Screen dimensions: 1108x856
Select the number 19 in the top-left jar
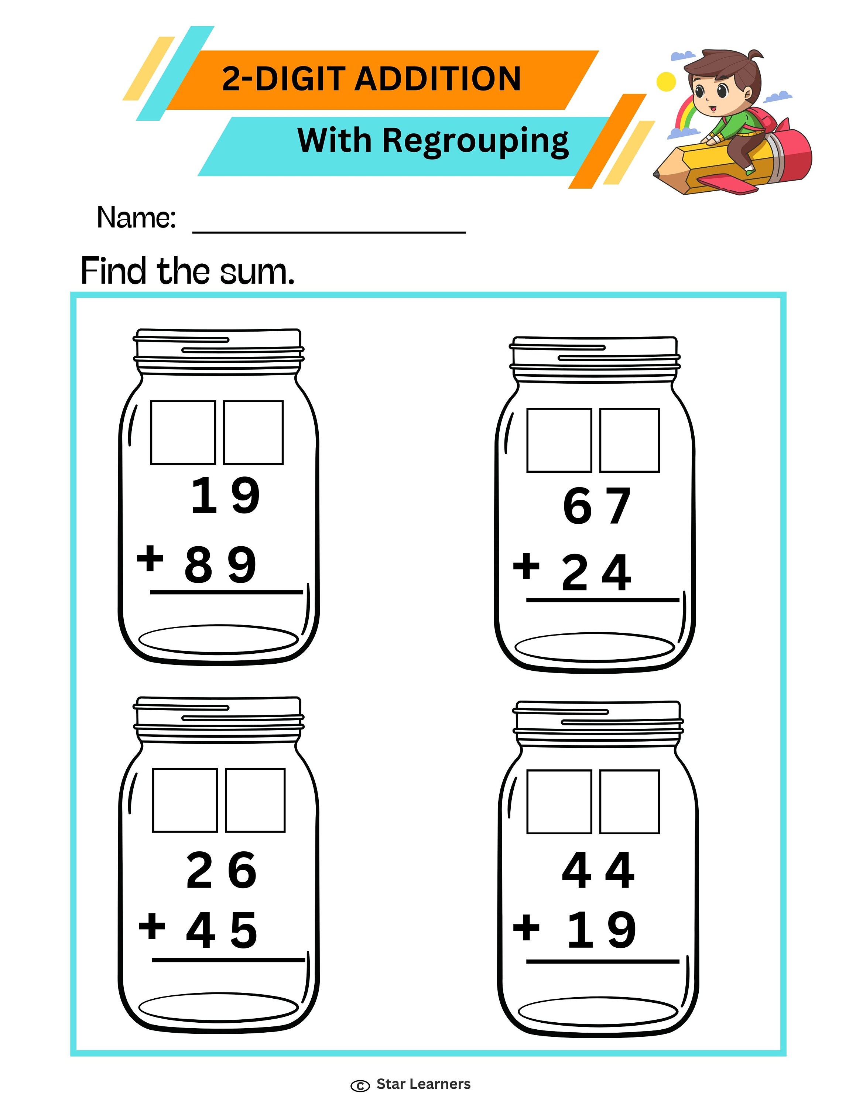(x=225, y=495)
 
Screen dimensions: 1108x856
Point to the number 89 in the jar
(x=220, y=565)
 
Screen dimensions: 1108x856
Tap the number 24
(x=596, y=573)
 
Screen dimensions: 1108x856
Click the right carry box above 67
(x=629, y=440)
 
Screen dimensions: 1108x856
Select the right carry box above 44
(x=629, y=801)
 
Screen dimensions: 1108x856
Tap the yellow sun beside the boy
(x=666, y=82)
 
